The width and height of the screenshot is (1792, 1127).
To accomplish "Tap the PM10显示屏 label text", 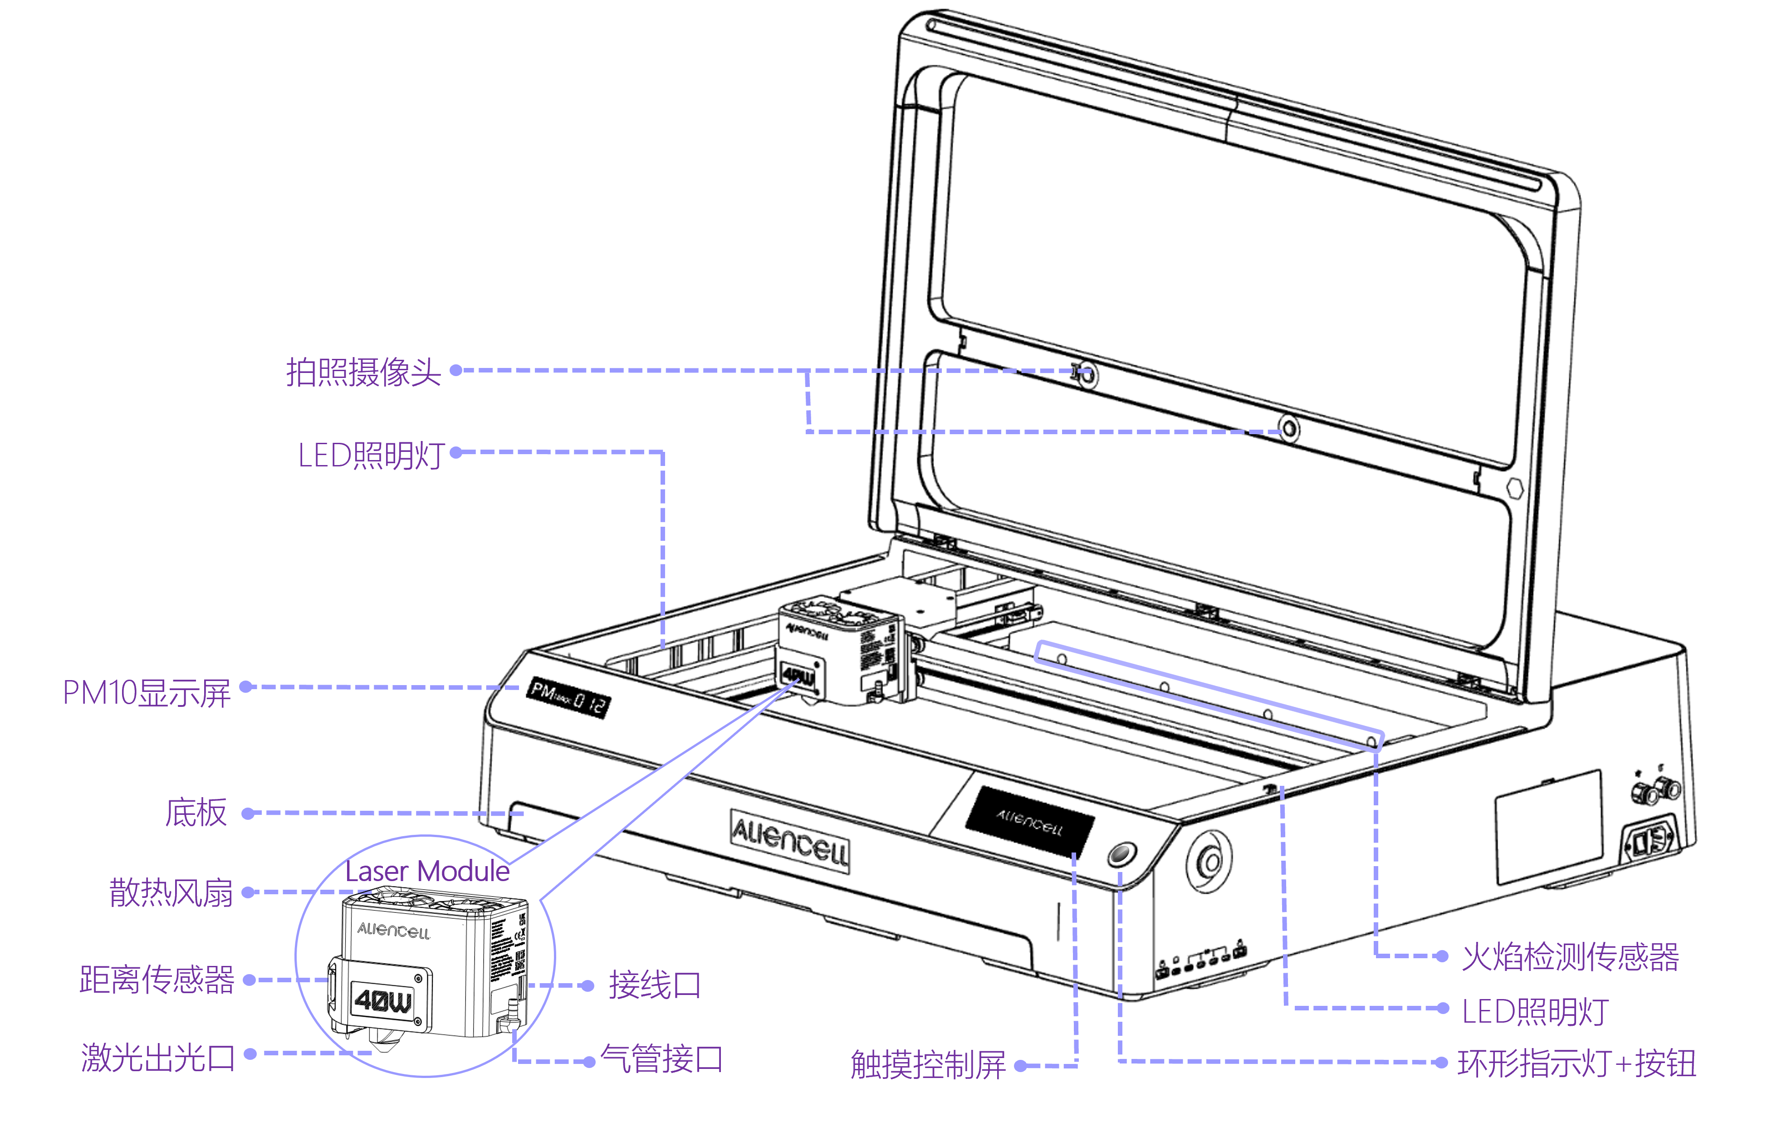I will (147, 692).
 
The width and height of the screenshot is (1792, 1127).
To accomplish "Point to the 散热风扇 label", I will (171, 892).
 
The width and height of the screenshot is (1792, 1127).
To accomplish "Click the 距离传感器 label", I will (157, 979).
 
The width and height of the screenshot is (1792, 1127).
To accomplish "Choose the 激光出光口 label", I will (158, 1057).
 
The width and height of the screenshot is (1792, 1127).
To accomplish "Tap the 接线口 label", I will (654, 985).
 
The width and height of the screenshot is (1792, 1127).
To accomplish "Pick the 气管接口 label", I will (661, 1058).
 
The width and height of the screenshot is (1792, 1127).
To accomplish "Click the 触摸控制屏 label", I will (928, 1064).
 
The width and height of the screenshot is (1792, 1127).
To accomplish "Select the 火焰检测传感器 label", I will (1570, 956).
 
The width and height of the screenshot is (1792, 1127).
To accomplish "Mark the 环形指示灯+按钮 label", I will (1576, 1063).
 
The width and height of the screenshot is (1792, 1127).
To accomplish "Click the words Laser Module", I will (427, 871).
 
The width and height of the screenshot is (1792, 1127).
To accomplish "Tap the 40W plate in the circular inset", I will (382, 1000).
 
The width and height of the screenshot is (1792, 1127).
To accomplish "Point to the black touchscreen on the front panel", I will (1030, 821).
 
